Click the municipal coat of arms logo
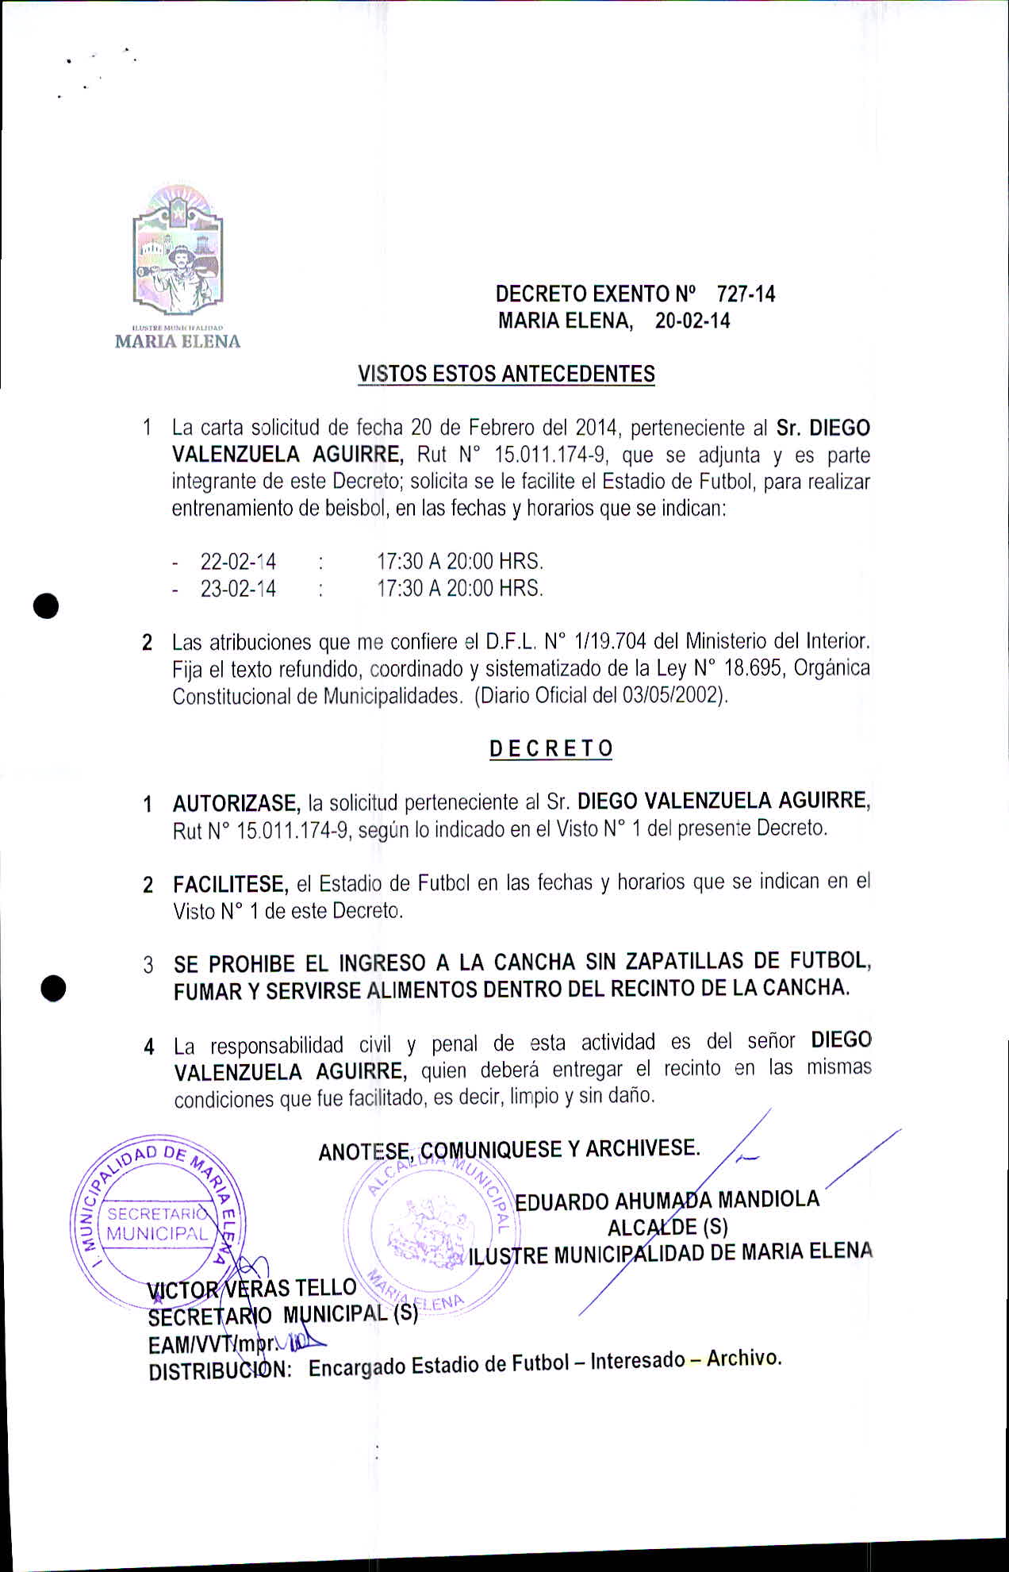click(178, 250)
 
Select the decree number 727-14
click(746, 294)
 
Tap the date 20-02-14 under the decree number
click(692, 321)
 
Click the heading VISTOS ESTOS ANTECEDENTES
click(506, 374)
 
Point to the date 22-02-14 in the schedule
click(238, 562)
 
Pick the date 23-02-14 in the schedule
click(238, 589)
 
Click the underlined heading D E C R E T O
click(551, 748)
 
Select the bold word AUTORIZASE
click(236, 804)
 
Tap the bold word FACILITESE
click(230, 885)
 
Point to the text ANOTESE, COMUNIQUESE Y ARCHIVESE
click(508, 1150)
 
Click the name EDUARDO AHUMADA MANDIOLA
click(667, 1200)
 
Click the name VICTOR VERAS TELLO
click(252, 1288)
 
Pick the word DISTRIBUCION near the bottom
click(220, 1370)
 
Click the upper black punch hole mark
click(47, 605)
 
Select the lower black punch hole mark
click(53, 989)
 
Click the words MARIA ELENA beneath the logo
click(178, 342)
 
